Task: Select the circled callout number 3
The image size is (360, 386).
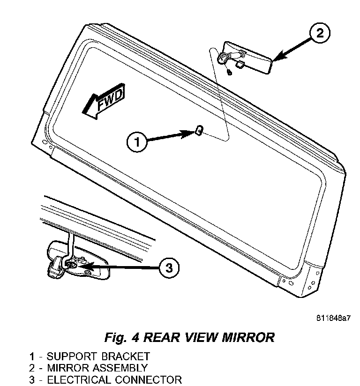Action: (x=168, y=267)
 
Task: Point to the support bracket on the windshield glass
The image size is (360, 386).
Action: (x=198, y=131)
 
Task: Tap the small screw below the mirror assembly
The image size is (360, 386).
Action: (x=228, y=72)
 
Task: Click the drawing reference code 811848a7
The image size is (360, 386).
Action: (x=332, y=318)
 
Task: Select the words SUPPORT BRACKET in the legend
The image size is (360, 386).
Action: (x=98, y=356)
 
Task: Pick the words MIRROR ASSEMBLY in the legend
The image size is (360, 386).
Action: (x=97, y=368)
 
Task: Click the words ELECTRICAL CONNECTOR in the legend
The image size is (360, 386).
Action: (x=114, y=379)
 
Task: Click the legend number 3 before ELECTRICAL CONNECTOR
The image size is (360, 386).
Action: (x=32, y=379)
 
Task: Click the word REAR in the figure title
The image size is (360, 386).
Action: (x=161, y=337)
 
